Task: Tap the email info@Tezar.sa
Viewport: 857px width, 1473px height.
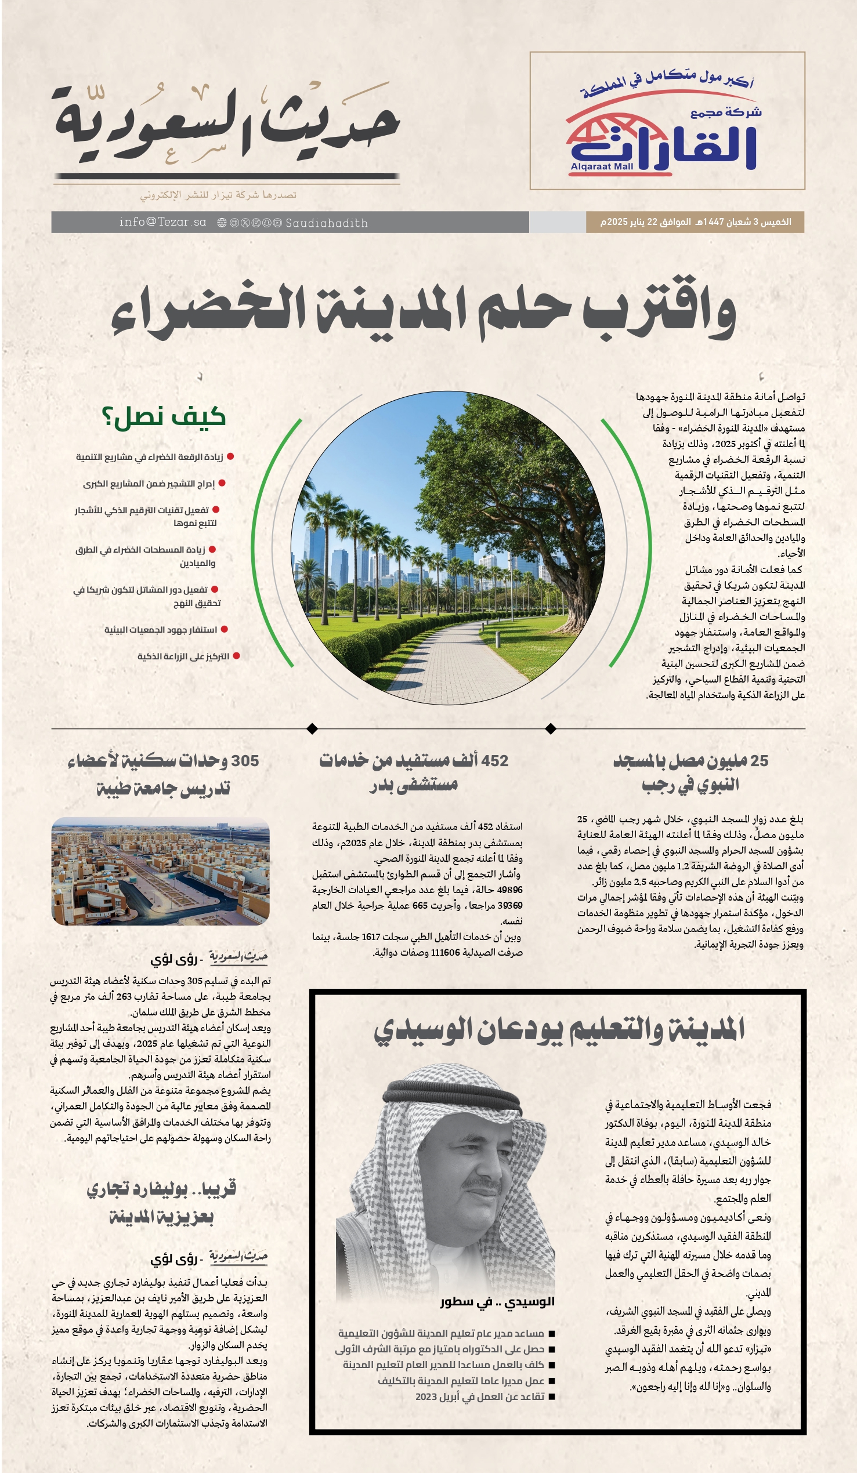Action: tap(162, 222)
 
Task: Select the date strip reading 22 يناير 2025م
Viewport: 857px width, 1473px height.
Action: tap(695, 222)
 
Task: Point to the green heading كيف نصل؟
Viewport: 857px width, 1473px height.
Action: tap(164, 417)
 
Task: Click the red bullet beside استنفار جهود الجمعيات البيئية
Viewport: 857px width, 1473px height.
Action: tap(224, 630)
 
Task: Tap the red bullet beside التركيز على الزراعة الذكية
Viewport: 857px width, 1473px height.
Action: tap(236, 656)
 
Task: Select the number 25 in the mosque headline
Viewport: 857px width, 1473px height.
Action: tap(759, 761)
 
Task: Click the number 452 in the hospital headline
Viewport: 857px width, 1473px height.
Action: tap(495, 761)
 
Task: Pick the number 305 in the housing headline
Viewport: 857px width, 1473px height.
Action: tap(244, 761)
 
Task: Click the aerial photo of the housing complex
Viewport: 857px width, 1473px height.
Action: tap(160, 871)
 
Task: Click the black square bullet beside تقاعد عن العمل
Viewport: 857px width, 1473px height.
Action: tap(551, 1397)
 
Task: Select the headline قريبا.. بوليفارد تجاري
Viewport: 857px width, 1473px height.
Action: tap(161, 1189)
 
